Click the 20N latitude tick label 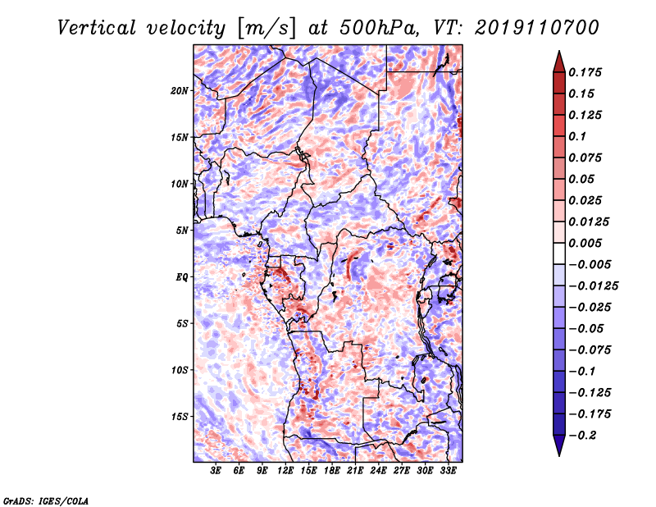(x=179, y=91)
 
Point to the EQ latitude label (x=182, y=277)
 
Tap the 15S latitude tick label (x=179, y=417)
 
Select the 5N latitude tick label (x=182, y=231)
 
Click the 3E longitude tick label (x=216, y=471)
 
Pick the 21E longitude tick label (x=355, y=471)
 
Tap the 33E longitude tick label (x=448, y=471)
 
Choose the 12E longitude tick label (x=285, y=471)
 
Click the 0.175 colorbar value (x=585, y=72)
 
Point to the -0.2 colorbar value (x=582, y=436)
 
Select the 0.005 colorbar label (x=585, y=243)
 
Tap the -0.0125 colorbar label (x=593, y=286)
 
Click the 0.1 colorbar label (x=577, y=136)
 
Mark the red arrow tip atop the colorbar (x=559, y=52)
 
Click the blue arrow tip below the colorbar (x=559, y=455)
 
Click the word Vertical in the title (x=97, y=28)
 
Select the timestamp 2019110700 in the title (x=537, y=28)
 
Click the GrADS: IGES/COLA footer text (x=46, y=501)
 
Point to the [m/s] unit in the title (x=266, y=28)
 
